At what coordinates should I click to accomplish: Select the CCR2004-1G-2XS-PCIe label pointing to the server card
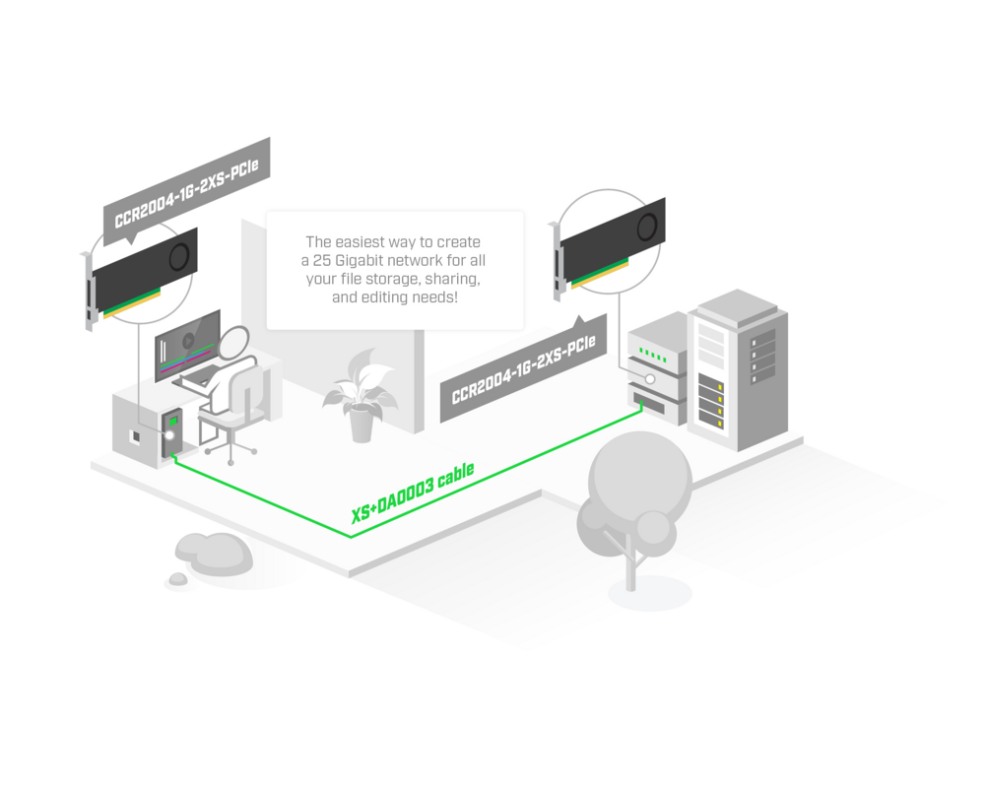(523, 370)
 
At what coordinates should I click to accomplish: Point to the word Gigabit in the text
(367, 260)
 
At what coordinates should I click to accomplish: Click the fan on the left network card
(179, 256)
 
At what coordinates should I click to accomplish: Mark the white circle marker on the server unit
(650, 378)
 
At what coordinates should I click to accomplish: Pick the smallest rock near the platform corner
(177, 579)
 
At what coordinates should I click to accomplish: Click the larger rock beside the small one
(219, 555)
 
